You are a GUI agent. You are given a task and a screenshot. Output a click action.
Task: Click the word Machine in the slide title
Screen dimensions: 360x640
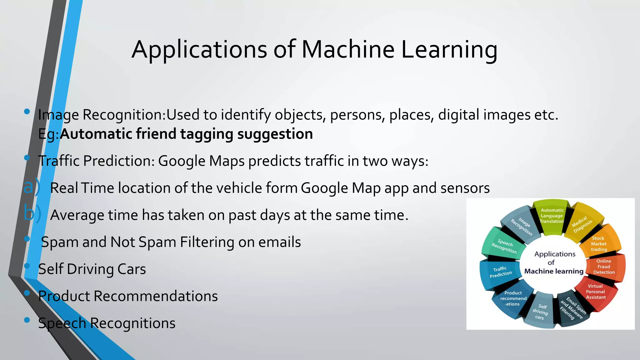coord(347,49)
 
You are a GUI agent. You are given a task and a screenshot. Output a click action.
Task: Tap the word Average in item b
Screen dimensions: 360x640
coord(77,215)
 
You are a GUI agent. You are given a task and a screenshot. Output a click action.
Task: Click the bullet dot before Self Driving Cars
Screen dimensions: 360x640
coord(27,266)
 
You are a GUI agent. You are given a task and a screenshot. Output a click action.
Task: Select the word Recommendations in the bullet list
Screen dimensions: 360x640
coord(155,296)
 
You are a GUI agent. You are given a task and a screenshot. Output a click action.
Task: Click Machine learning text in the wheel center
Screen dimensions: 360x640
coord(554,271)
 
